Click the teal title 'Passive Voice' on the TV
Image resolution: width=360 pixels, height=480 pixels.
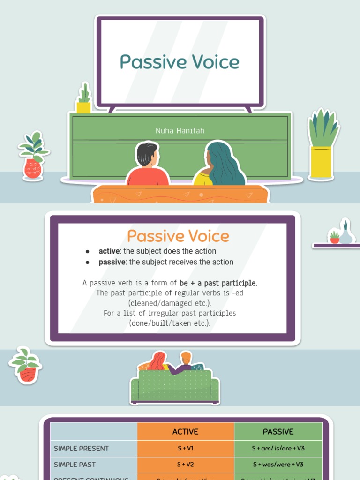[x=180, y=62]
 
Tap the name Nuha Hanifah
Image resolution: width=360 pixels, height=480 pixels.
[x=180, y=131]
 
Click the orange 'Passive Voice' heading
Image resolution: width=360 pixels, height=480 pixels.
[x=178, y=236]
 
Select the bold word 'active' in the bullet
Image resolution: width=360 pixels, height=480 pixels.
[x=109, y=251]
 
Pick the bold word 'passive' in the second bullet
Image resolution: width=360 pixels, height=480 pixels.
[x=112, y=262]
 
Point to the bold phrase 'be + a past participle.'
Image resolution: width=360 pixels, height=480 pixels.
[x=218, y=283]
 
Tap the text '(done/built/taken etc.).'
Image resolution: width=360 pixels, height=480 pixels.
[x=170, y=323]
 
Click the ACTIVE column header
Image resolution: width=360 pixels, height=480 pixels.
[x=185, y=432]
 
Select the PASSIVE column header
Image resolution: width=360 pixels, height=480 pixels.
[x=278, y=432]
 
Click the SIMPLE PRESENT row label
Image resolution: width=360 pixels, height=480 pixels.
[x=82, y=449]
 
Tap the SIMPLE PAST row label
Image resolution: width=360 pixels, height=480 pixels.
[x=75, y=465]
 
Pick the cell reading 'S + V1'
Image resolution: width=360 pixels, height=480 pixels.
[x=185, y=449]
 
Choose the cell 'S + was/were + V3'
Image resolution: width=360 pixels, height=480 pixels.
[x=278, y=465]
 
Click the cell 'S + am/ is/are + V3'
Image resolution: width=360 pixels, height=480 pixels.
[x=278, y=449]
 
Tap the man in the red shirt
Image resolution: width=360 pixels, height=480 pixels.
[x=147, y=166]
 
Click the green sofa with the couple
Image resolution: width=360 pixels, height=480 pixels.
[x=175, y=387]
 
